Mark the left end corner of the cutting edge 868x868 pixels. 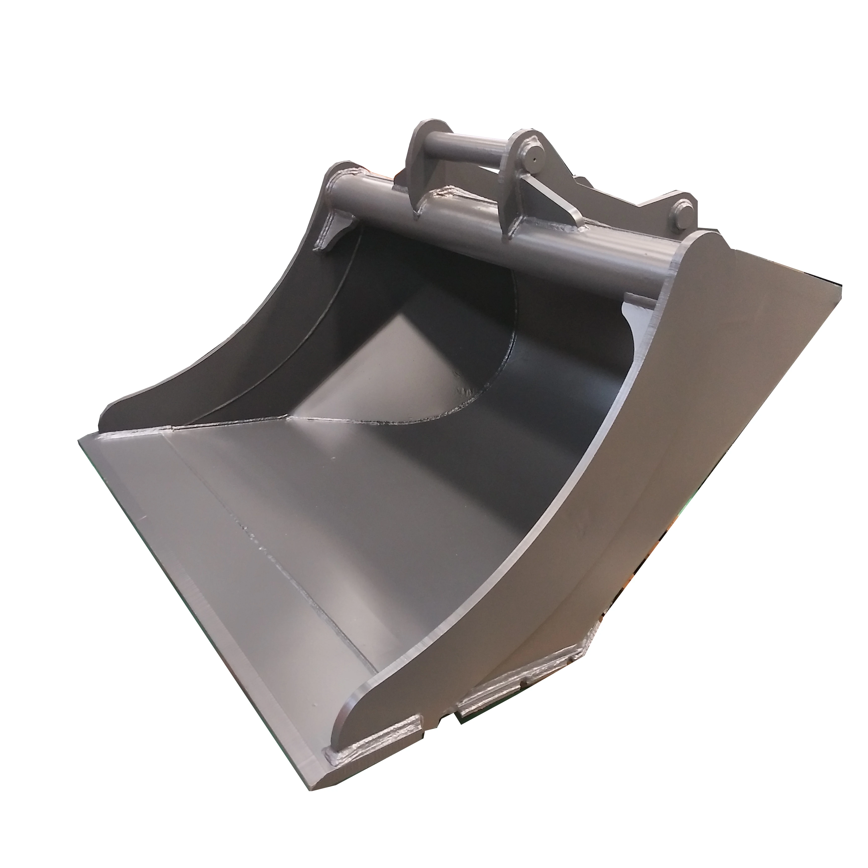click(x=83, y=443)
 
